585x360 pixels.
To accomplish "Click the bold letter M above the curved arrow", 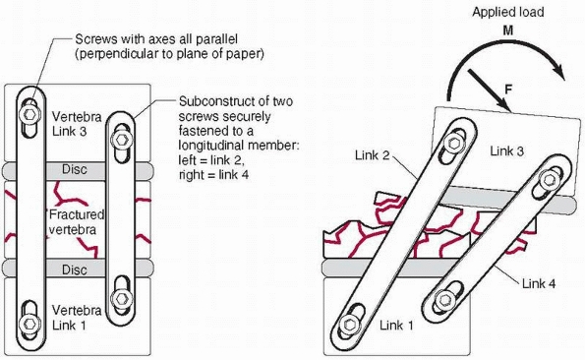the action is click(x=508, y=30).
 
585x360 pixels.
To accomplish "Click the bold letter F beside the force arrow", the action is click(x=508, y=90).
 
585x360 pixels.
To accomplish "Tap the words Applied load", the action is click(x=508, y=12).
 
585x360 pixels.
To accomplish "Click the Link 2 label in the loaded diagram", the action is click(x=372, y=154).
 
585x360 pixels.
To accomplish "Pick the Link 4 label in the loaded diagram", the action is click(x=539, y=283).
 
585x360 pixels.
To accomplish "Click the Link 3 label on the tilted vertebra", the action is click(x=506, y=151).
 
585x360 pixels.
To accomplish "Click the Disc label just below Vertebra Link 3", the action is click(x=75, y=169).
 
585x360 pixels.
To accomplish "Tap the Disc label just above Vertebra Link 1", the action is click(x=75, y=270).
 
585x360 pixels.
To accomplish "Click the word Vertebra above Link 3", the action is click(x=77, y=117).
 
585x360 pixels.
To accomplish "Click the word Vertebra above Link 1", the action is click(x=77, y=311).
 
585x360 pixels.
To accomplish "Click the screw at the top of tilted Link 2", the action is click(x=454, y=143).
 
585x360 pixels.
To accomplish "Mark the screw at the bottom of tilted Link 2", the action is click(x=350, y=325).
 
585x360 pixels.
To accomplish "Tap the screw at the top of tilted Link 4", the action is click(x=549, y=180).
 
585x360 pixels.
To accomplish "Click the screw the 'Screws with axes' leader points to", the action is click(x=29, y=114).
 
